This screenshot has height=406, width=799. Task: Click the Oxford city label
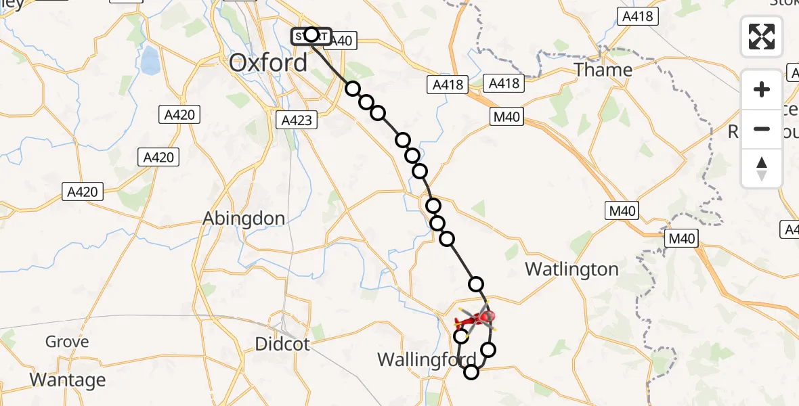click(x=268, y=63)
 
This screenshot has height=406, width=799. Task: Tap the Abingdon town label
click(x=244, y=219)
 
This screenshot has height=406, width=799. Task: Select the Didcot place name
click(x=282, y=344)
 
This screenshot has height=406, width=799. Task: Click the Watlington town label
click(x=572, y=269)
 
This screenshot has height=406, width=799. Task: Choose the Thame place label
click(x=603, y=70)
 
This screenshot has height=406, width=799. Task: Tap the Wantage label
click(x=68, y=380)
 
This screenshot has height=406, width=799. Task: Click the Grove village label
click(x=67, y=342)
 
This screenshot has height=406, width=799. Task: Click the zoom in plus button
click(x=762, y=89)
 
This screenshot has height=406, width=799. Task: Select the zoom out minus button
click(x=762, y=129)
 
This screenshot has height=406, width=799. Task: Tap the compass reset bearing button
click(x=762, y=168)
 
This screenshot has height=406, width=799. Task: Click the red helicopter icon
click(x=477, y=318)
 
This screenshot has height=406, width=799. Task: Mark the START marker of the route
click(x=311, y=35)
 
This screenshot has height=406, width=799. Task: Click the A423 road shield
click(x=297, y=120)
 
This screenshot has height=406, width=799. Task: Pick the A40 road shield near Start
click(x=343, y=41)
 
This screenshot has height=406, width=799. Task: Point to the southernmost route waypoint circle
click(x=471, y=371)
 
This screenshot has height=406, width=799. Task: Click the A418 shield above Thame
click(x=639, y=16)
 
